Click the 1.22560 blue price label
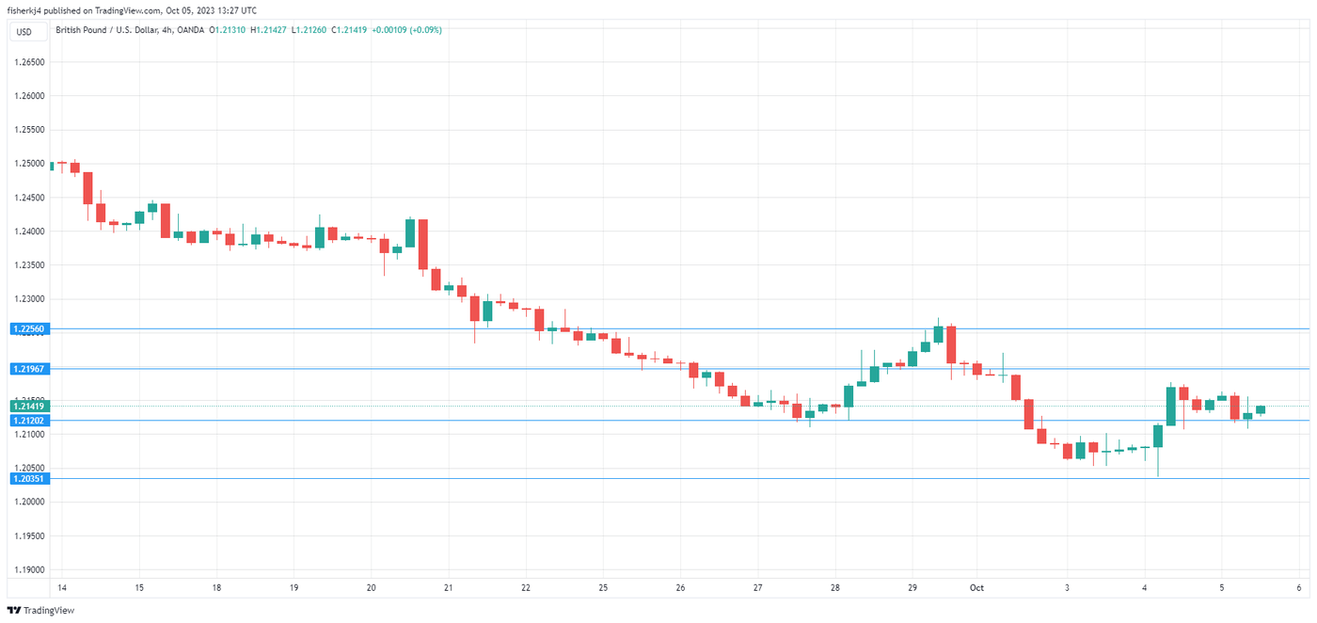(29, 328)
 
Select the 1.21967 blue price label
(29, 369)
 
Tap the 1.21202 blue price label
(29, 420)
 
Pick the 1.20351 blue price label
(29, 478)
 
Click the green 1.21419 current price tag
(29, 406)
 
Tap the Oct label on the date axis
(976, 588)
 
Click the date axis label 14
(61, 588)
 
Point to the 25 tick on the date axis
(603, 588)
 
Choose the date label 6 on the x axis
(1298, 588)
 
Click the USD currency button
(24, 32)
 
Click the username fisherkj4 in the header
(27, 10)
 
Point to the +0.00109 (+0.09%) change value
(407, 30)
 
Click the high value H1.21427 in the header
(268, 30)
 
